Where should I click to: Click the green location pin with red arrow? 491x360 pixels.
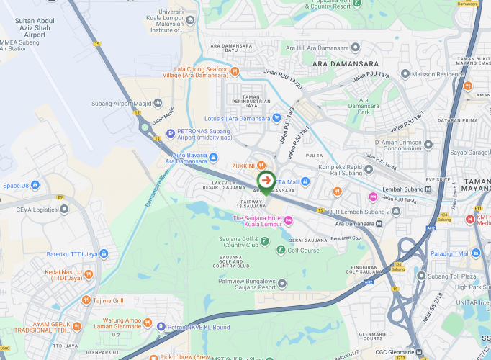coord(266,181)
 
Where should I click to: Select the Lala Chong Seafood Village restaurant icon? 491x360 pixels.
coord(235,70)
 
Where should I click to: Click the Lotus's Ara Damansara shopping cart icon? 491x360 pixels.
coord(276,118)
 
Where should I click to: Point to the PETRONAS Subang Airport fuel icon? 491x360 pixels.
coord(170,132)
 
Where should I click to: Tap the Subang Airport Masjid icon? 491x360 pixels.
coord(158,103)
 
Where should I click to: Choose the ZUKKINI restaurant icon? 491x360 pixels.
coord(252,166)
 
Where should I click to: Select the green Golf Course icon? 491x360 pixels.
coord(281,250)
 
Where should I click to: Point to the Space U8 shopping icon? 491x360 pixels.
coord(35,185)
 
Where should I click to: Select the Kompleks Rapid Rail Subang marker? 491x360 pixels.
coord(369,170)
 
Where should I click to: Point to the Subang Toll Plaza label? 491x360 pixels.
coord(451,276)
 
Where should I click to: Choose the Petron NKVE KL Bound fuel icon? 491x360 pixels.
coord(161,326)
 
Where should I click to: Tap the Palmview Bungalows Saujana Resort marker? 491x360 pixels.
coord(282,282)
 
